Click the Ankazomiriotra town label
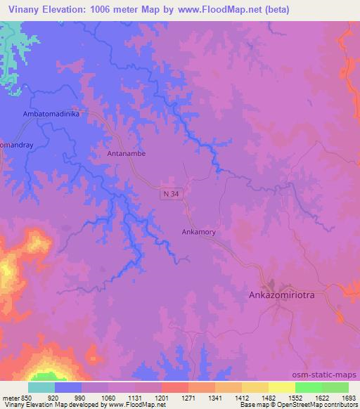pos(291,296)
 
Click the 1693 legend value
pos(348,398)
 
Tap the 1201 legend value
pos(162,398)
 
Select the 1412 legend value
pos(241,398)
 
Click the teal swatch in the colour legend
pos(41,387)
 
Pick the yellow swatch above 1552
pos(281,387)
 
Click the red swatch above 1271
pos(174,387)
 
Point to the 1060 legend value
pos(108,398)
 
